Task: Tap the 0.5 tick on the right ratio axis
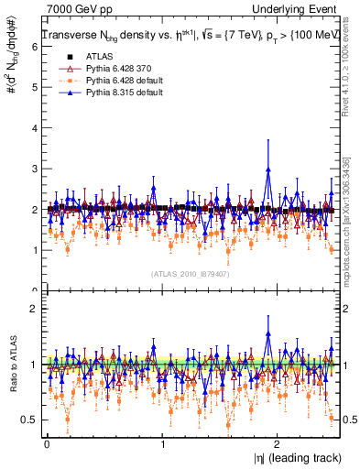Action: [349, 420]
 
